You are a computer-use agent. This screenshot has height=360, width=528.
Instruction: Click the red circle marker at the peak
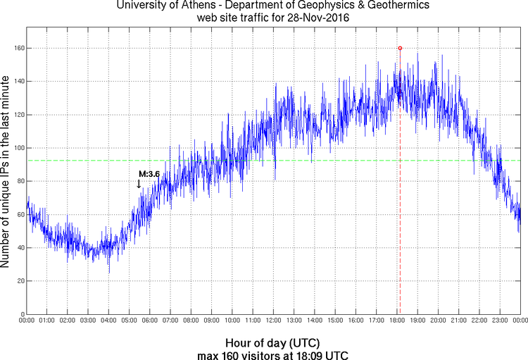400,48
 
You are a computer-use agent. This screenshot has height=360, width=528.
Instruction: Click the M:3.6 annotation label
149,173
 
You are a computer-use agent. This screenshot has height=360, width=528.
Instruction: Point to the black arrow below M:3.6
139,184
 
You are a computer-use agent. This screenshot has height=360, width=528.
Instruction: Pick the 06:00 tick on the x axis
149,321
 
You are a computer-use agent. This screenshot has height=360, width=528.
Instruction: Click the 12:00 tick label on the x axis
273,321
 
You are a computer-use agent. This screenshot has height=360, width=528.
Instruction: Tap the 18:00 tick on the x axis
396,321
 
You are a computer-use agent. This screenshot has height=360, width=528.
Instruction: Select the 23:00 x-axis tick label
499,321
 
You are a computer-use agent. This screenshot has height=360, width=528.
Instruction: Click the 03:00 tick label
88,321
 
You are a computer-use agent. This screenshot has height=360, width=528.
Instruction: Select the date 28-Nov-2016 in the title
317,18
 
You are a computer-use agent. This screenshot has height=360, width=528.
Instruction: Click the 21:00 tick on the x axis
458,321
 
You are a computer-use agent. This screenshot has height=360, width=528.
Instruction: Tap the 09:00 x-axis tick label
211,321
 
